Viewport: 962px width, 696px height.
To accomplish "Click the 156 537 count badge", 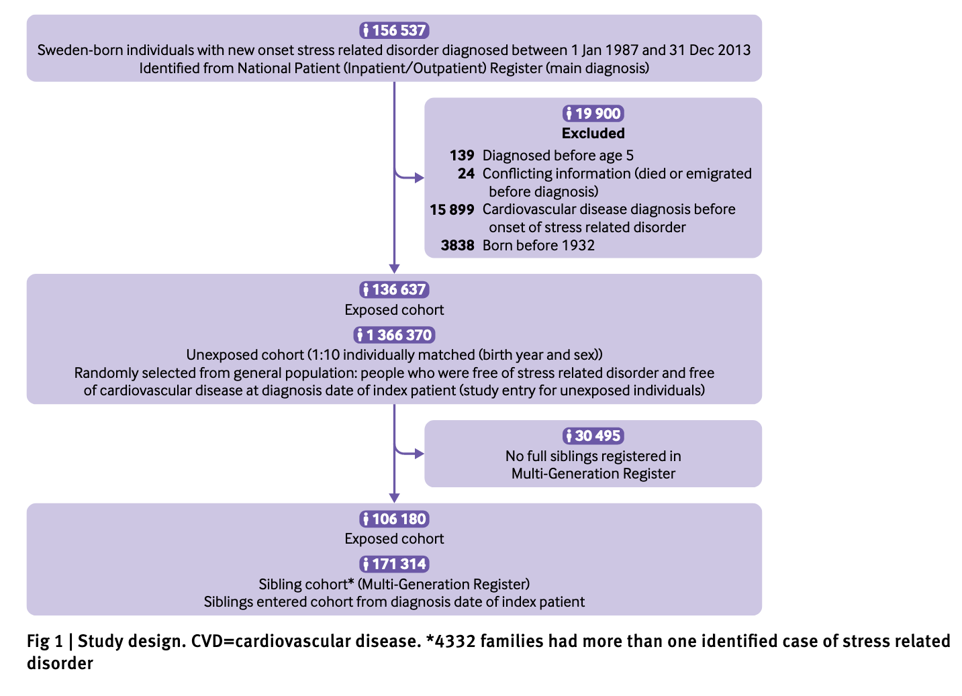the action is click(394, 30).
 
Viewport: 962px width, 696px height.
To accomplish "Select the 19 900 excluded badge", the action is click(593, 114).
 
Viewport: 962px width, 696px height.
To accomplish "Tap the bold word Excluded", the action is click(593, 134).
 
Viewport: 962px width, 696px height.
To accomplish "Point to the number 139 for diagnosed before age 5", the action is click(462, 156).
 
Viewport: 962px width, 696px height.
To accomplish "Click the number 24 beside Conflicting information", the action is click(466, 173).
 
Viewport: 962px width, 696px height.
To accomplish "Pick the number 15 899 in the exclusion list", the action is click(452, 209).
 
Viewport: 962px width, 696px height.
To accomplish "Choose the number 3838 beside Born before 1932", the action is click(457, 245).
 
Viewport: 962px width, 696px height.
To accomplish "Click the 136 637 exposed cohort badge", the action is click(394, 290).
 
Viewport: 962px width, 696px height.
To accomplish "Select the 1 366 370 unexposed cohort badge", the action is click(394, 335).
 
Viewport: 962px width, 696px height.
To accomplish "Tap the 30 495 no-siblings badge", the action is click(593, 436).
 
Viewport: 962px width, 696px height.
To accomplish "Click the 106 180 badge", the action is click(394, 519).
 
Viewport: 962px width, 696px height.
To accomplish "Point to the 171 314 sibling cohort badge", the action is click(394, 564).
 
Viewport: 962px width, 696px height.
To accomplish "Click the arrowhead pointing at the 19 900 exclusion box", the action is click(420, 178).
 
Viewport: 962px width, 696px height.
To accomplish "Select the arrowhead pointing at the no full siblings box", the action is click(420, 454).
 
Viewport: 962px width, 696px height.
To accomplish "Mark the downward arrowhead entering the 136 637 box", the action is click(394, 268).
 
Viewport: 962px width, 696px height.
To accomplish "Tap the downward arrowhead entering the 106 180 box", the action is click(394, 498).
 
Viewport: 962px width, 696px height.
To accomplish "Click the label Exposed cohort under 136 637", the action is click(394, 310).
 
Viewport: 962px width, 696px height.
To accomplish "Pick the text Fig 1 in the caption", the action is click(45, 641).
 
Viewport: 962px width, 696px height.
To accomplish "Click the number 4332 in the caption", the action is click(455, 641).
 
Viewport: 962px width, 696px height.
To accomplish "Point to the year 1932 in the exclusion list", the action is click(578, 245).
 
